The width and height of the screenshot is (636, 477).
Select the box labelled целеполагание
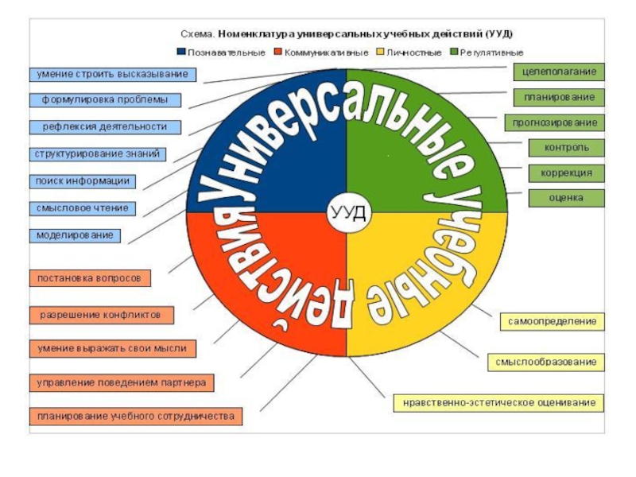[559, 72]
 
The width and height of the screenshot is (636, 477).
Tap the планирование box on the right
[559, 97]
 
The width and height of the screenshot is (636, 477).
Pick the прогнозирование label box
[555, 123]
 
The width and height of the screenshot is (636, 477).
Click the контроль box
[566, 148]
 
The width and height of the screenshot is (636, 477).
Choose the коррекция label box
[566, 173]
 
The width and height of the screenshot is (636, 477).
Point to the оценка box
[566, 197]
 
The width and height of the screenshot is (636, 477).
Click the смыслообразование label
[545, 363]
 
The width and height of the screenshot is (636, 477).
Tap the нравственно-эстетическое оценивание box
[499, 403]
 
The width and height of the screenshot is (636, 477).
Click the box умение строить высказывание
[113, 75]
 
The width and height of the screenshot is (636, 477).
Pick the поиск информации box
[83, 180]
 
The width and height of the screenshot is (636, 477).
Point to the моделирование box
[76, 235]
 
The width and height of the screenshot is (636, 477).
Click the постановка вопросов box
[90, 278]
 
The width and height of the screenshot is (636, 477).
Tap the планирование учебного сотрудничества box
[135, 416]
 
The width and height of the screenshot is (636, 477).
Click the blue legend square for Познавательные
[181, 52]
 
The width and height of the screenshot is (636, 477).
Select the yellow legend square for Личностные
[381, 52]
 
